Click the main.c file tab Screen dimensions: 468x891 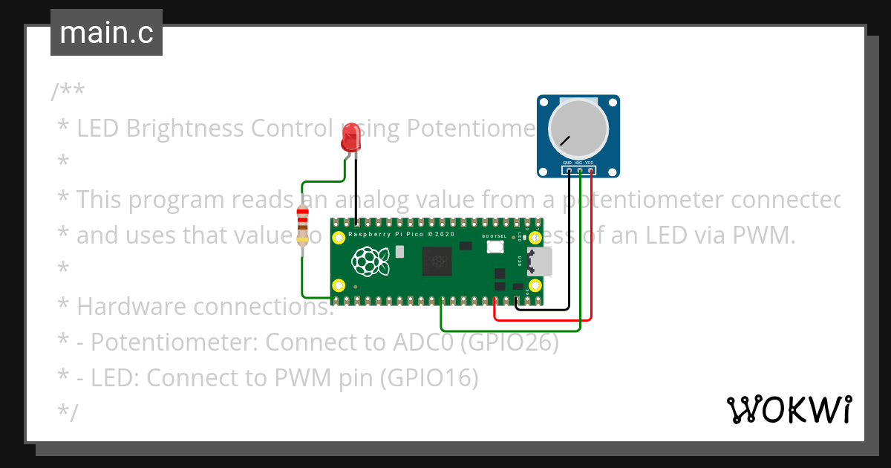pos(106,33)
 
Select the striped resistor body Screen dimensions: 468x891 pos(302,226)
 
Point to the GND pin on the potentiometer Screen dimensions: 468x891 pos(568,171)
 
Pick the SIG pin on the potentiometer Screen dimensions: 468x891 pos(579,171)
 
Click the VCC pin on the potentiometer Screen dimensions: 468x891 pos(590,171)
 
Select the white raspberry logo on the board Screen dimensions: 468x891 pos(371,261)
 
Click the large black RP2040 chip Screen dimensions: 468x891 pos(437,261)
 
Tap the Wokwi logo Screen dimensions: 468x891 pos(789,409)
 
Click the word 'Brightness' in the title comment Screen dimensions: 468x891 pos(185,129)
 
